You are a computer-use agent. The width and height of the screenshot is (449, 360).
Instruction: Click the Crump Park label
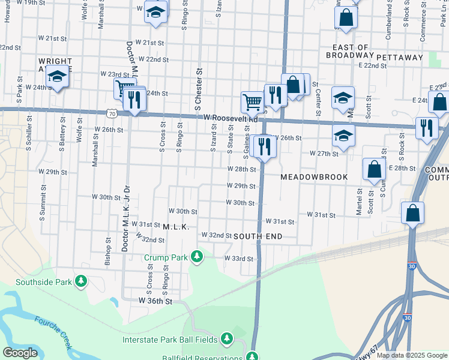pyautogui.click(x=166, y=257)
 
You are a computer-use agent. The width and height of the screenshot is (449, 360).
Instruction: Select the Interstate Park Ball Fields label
pyautogui.click(x=169, y=340)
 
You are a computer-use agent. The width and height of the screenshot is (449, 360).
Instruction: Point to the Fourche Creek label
pyautogui.click(x=54, y=332)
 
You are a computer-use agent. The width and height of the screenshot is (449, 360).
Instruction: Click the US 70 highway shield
pyautogui.click(x=112, y=112)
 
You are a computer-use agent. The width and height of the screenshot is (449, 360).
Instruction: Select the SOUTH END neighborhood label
pyautogui.click(x=258, y=236)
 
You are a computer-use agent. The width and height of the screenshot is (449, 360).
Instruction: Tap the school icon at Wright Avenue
pyautogui.click(x=57, y=77)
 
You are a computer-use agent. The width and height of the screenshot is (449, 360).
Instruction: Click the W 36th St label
pyautogui.click(x=155, y=301)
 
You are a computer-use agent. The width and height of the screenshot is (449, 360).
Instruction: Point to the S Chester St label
pyautogui.click(x=199, y=91)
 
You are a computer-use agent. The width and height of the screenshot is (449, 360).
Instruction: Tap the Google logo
pyautogui.click(x=20, y=353)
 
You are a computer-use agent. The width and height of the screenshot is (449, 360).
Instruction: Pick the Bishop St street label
pyautogui.click(x=108, y=251)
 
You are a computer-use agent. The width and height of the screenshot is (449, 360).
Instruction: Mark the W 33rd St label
pyautogui.click(x=239, y=259)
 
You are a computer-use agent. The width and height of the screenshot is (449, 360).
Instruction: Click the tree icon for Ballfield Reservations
pyautogui.click(x=253, y=356)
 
